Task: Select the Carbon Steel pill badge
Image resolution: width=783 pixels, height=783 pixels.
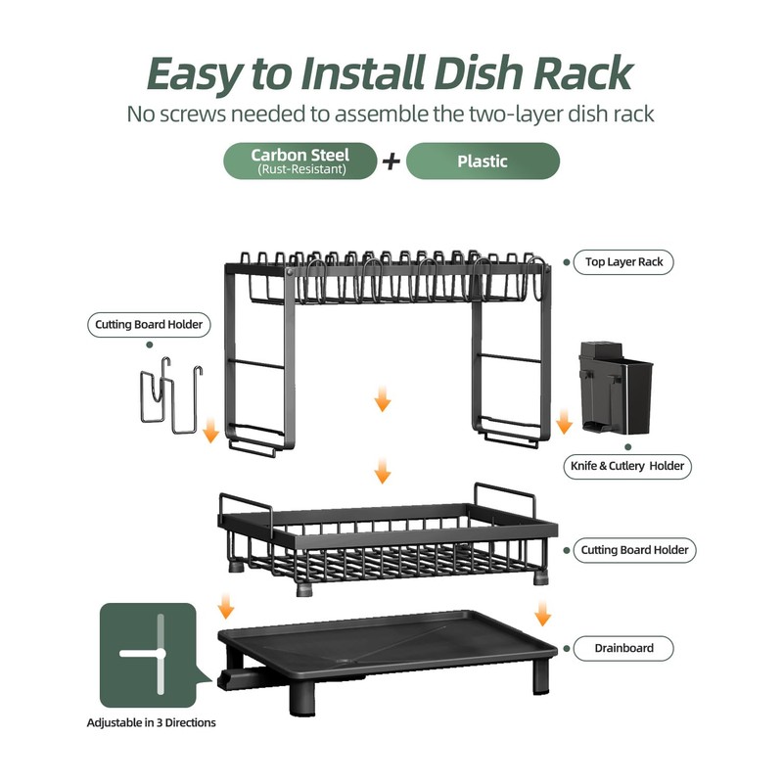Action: (x=300, y=161)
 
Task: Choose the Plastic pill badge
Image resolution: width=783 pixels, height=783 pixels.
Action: (x=483, y=161)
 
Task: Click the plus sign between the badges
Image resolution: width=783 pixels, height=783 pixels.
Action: (x=391, y=161)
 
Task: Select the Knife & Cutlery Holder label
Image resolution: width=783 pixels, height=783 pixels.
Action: (x=628, y=466)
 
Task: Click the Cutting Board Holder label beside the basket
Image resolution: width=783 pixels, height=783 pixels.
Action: (x=634, y=550)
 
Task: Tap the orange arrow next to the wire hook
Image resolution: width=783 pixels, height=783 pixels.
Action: (x=210, y=429)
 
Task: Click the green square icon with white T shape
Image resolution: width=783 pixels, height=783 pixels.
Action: (x=148, y=654)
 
